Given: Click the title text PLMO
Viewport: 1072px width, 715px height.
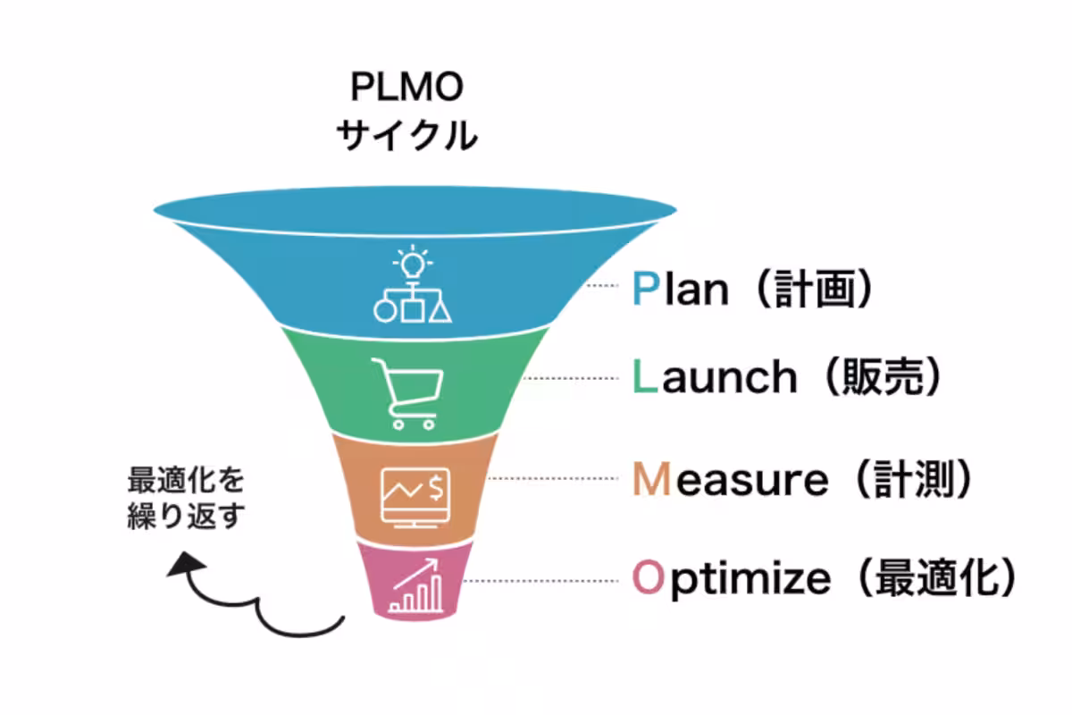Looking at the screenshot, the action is tap(406, 87).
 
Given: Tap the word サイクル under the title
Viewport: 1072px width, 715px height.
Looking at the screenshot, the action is tap(407, 135).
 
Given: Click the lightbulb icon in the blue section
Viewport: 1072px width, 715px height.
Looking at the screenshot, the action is tap(413, 262).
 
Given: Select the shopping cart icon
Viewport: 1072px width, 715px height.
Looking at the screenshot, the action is tap(407, 393).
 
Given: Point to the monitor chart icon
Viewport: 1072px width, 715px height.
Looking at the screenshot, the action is tap(415, 498).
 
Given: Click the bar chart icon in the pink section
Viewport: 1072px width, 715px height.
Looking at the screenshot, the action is tap(415, 585).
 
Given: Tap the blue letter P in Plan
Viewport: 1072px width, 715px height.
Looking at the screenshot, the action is tap(646, 289).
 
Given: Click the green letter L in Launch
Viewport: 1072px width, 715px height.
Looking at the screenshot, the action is tap(645, 376).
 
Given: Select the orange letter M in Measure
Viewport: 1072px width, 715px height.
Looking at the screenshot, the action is tap(651, 478).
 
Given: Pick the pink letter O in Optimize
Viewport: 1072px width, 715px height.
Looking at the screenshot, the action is tap(649, 577).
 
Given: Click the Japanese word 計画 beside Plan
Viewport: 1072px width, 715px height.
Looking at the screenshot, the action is tap(815, 289).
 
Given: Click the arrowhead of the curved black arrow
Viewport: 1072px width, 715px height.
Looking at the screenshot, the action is tap(185, 563).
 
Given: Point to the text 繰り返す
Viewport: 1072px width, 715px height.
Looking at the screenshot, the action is tap(186, 516).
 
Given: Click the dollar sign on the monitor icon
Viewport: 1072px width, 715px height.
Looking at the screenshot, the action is tap(436, 487).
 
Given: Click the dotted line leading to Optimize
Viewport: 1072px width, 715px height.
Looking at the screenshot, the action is tap(540, 581).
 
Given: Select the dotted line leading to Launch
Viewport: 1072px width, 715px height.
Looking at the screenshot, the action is tap(571, 378).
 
